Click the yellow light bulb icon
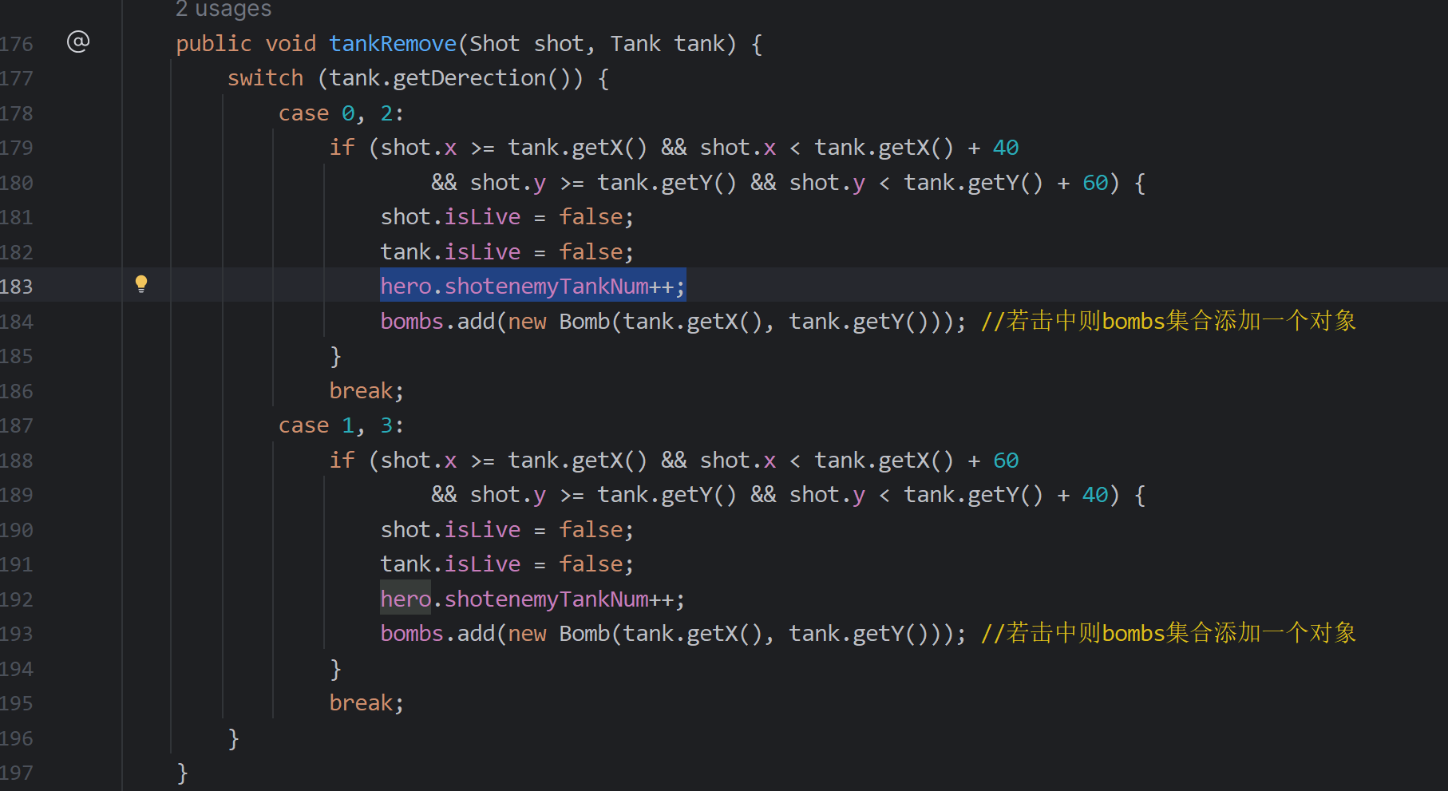pos(141,283)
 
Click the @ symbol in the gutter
pos(78,42)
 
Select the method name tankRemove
pos(393,43)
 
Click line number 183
pos(17,287)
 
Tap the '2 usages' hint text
pos(224,10)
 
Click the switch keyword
pos(265,78)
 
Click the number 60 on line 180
pos(1094,183)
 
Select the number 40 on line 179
pos(1005,148)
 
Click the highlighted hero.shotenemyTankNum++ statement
pos(532,286)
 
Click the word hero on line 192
pos(406,599)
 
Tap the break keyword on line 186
pos(361,390)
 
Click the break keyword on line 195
pos(361,702)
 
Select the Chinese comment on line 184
pos(1168,321)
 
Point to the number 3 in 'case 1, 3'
pos(386,425)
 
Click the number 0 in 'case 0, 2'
pos(348,113)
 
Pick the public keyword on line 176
pos(213,43)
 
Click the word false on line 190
pos(591,529)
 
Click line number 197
pos(17,773)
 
